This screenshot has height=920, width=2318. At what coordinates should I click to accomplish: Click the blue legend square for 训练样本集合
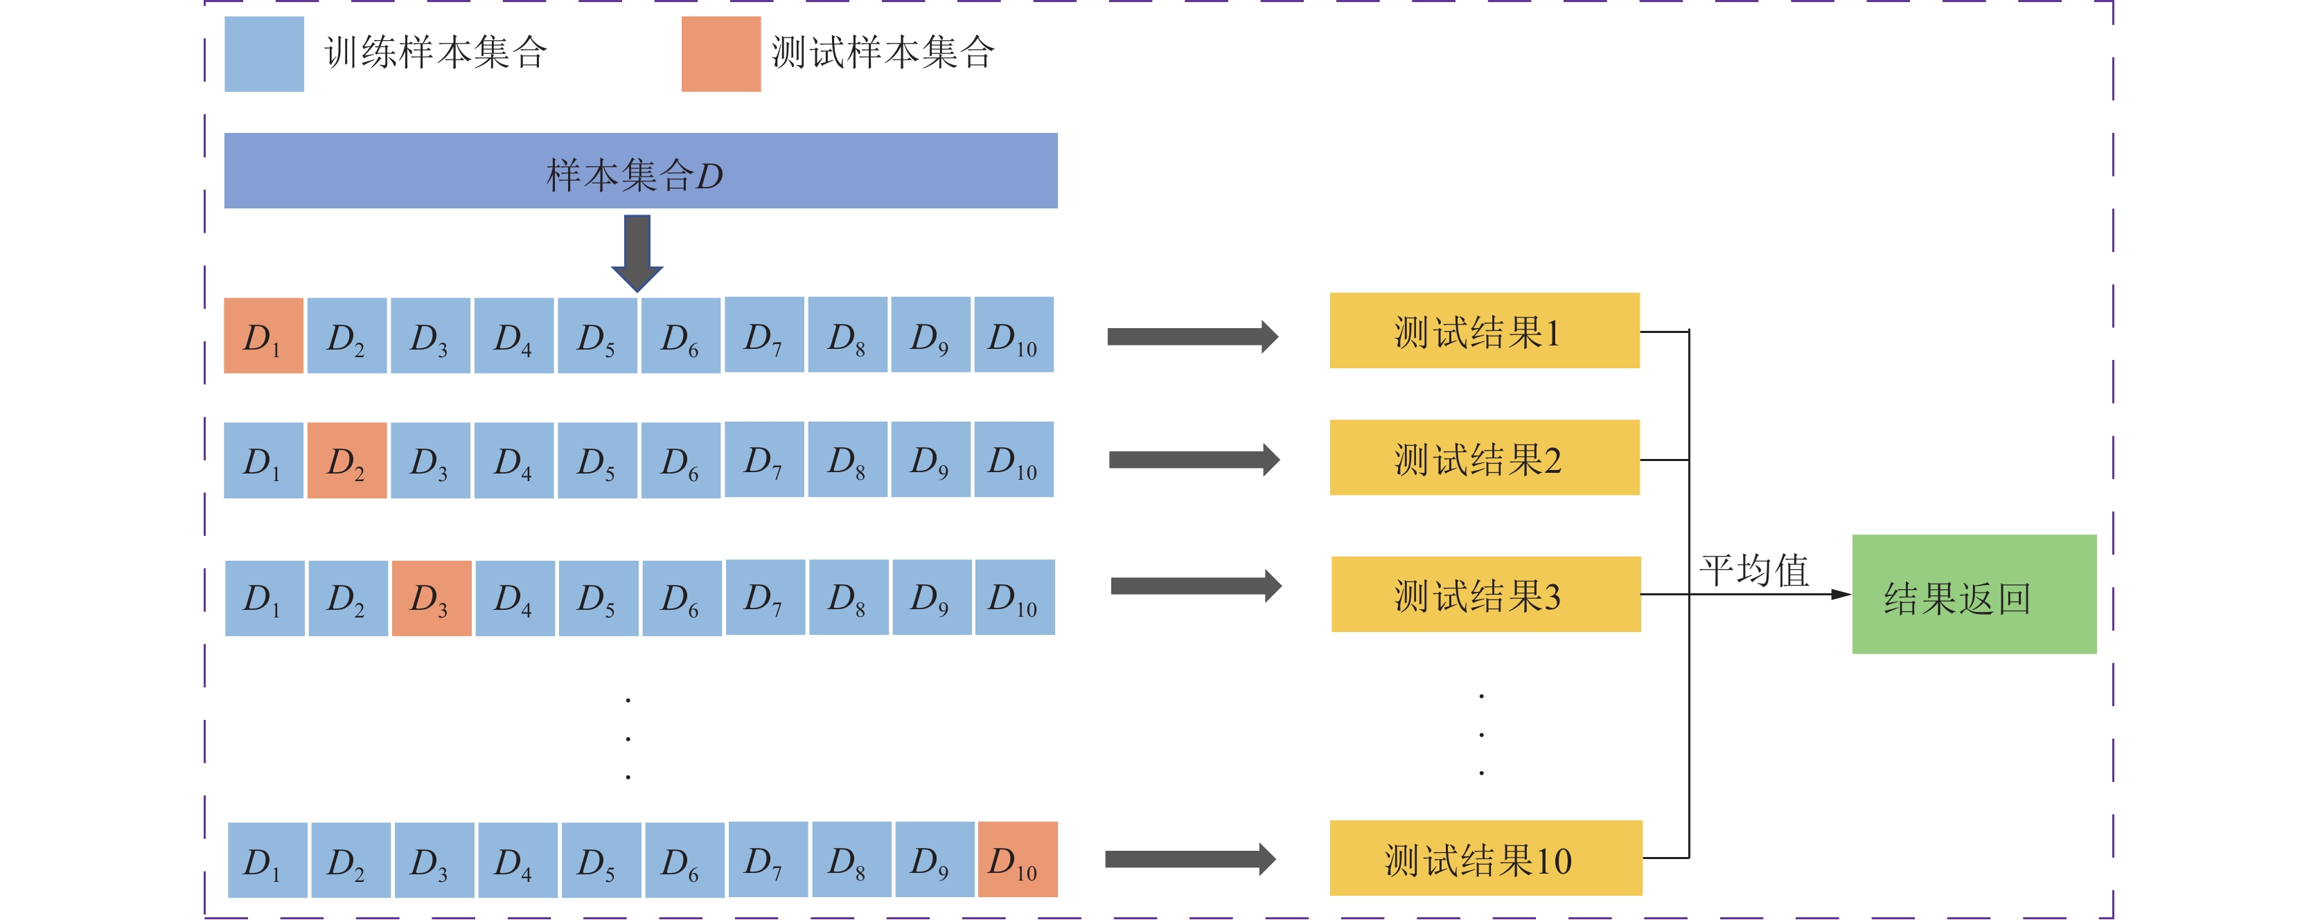[264, 54]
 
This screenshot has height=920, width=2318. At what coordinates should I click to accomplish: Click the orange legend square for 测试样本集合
[720, 54]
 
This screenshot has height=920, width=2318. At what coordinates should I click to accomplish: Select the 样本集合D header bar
[641, 171]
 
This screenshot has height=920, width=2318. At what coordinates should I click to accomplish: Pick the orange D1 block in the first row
[263, 336]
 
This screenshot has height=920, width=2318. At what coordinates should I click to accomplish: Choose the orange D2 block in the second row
[346, 460]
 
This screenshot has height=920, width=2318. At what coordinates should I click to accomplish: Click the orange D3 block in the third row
[431, 598]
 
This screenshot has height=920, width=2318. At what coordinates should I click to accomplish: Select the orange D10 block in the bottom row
[1017, 859]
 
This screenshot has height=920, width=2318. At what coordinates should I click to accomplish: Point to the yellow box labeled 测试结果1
[1484, 330]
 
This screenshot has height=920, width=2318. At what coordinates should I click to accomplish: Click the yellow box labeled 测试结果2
[1484, 457]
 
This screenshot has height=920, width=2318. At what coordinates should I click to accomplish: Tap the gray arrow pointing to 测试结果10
[1189, 859]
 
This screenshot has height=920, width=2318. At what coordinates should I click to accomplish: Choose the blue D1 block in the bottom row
[267, 860]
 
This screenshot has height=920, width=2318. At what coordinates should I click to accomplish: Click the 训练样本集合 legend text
[436, 52]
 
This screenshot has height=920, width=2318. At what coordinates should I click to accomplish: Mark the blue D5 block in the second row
[596, 460]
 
